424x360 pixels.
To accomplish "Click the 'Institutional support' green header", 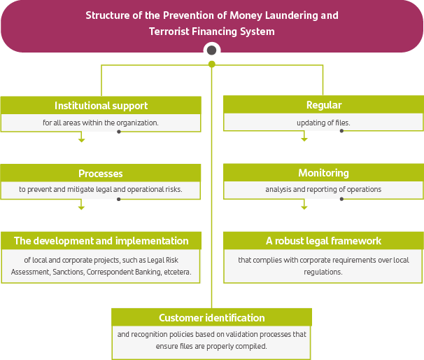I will coord(101,105).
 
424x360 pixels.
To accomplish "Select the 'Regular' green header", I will coord(323,105).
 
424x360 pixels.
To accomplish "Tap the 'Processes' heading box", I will coord(101,173).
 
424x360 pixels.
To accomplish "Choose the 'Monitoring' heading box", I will coord(323,173).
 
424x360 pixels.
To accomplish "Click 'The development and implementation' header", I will coord(101,241).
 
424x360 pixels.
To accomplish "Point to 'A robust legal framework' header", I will coord(323,241).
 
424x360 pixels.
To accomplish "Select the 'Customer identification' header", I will coord(211,317).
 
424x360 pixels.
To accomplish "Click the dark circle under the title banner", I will coord(211,50).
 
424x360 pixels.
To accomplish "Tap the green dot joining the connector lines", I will coord(211,64).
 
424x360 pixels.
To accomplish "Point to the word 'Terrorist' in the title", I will coord(171,32).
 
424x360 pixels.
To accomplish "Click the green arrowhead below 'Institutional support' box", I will coord(81,139).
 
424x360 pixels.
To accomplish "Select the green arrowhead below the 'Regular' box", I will coord(304,139).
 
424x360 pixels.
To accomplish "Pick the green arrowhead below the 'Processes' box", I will coord(81,207).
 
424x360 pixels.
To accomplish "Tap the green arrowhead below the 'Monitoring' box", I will coord(304,207).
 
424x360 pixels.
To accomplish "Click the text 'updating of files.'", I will coord(323,123).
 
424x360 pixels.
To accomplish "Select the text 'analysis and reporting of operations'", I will coord(323,190).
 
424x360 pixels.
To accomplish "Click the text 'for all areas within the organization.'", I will coord(101,123).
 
